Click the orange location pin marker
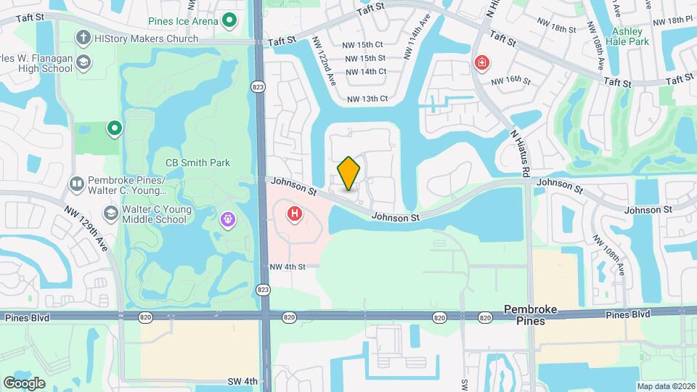[349, 173]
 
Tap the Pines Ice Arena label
[182, 21]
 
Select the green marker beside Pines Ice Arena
[230, 21]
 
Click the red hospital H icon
[295, 213]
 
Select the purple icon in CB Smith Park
[229, 218]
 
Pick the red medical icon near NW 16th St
[481, 64]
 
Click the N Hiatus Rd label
[520, 153]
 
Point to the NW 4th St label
[287, 266]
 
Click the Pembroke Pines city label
[531, 314]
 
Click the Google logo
[25, 383]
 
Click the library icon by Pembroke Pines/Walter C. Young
[76, 181]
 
